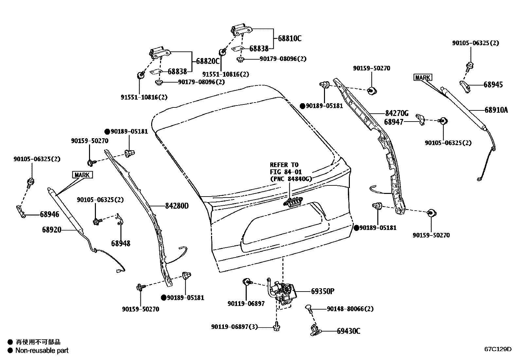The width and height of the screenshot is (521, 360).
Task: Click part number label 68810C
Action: click(x=290, y=38)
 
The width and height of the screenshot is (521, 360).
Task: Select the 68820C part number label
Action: click(x=207, y=61)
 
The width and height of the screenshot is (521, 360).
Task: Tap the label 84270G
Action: click(x=397, y=113)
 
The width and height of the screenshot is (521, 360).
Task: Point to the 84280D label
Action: click(x=177, y=206)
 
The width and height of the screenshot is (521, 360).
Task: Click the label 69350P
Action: click(x=322, y=291)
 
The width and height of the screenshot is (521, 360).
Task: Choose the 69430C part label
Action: click(x=349, y=331)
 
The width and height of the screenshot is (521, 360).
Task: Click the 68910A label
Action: click(x=496, y=110)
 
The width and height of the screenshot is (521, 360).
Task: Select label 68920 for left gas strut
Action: click(x=51, y=230)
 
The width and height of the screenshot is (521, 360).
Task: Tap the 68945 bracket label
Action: click(x=493, y=85)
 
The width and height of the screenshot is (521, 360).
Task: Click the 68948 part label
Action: click(x=120, y=243)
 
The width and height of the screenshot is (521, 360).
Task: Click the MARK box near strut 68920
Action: click(x=82, y=175)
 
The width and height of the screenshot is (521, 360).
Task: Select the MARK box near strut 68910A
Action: click(x=423, y=78)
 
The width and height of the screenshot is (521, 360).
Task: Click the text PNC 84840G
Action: click(x=291, y=179)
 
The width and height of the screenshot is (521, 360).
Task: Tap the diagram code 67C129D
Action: click(x=498, y=349)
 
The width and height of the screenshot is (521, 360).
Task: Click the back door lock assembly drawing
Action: click(x=283, y=292)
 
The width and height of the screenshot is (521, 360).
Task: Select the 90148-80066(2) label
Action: click(x=350, y=309)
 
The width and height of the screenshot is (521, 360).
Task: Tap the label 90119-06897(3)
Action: click(x=234, y=327)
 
